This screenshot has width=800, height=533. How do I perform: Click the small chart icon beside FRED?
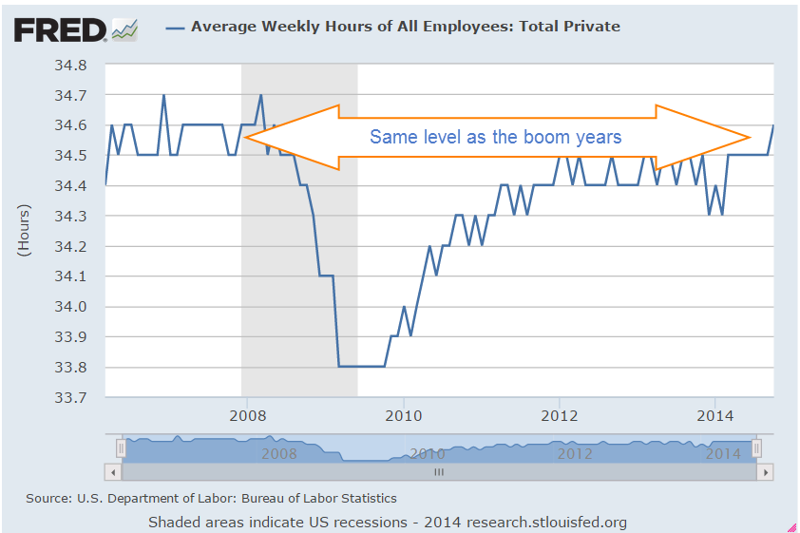(x=124, y=29)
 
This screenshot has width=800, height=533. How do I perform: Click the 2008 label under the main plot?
(x=247, y=415)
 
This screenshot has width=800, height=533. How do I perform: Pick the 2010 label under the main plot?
(x=404, y=415)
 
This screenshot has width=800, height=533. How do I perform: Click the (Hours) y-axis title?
(x=24, y=231)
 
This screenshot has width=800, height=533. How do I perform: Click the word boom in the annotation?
(x=522, y=137)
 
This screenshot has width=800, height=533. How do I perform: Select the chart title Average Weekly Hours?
(x=406, y=27)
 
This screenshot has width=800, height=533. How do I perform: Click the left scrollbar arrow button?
(x=112, y=471)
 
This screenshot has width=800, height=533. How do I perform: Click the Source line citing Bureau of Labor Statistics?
(x=211, y=498)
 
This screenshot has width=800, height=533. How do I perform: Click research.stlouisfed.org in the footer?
(x=545, y=522)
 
